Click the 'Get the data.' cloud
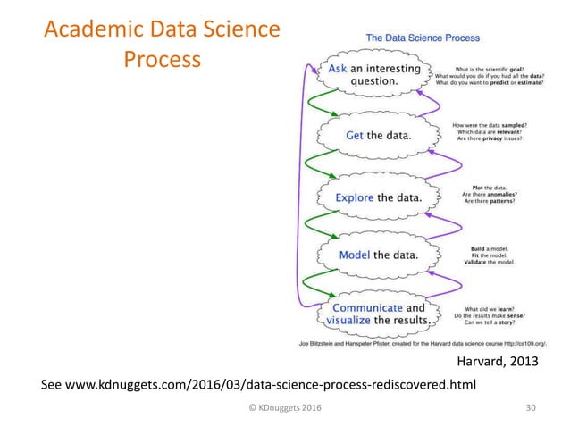coord(378,136)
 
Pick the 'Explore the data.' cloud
coord(378,197)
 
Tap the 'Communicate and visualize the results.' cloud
coord(377,313)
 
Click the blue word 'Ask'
coord(339,68)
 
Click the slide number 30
coord(532,408)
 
